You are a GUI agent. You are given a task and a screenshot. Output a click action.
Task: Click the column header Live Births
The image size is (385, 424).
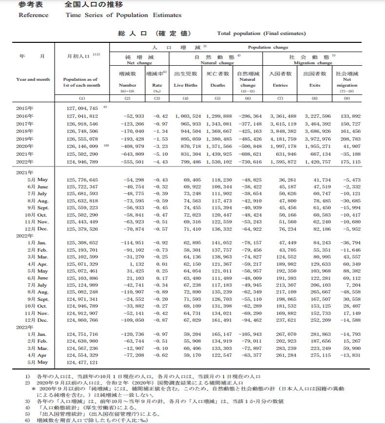click(x=185, y=85)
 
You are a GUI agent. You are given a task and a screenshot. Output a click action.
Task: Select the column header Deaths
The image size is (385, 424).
click(x=217, y=85)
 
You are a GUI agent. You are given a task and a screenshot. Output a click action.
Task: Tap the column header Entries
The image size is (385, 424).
click(x=281, y=85)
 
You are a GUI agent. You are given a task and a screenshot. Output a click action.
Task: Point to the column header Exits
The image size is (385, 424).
click(x=314, y=85)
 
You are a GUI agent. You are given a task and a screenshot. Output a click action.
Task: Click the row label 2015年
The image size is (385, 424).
click(x=24, y=108)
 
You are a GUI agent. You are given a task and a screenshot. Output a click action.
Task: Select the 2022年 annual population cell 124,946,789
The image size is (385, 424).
click(x=82, y=162)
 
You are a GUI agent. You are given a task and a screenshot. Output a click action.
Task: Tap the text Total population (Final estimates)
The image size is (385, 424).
click(x=261, y=34)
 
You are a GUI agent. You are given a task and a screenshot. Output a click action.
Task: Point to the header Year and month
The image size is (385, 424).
click(x=33, y=79)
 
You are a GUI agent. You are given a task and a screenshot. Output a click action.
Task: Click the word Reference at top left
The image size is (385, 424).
click(x=33, y=15)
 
